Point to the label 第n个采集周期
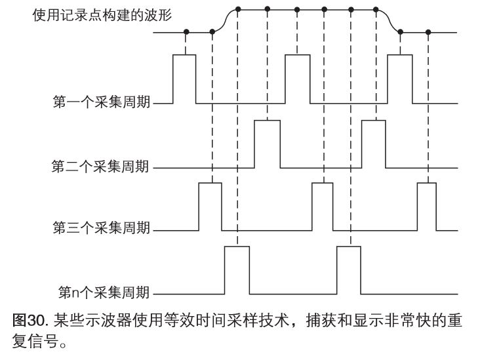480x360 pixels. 104,291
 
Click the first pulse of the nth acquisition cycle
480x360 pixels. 237,269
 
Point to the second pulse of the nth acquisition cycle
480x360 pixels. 349,269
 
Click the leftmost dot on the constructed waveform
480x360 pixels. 186,31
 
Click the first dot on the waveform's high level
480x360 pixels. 237,9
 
